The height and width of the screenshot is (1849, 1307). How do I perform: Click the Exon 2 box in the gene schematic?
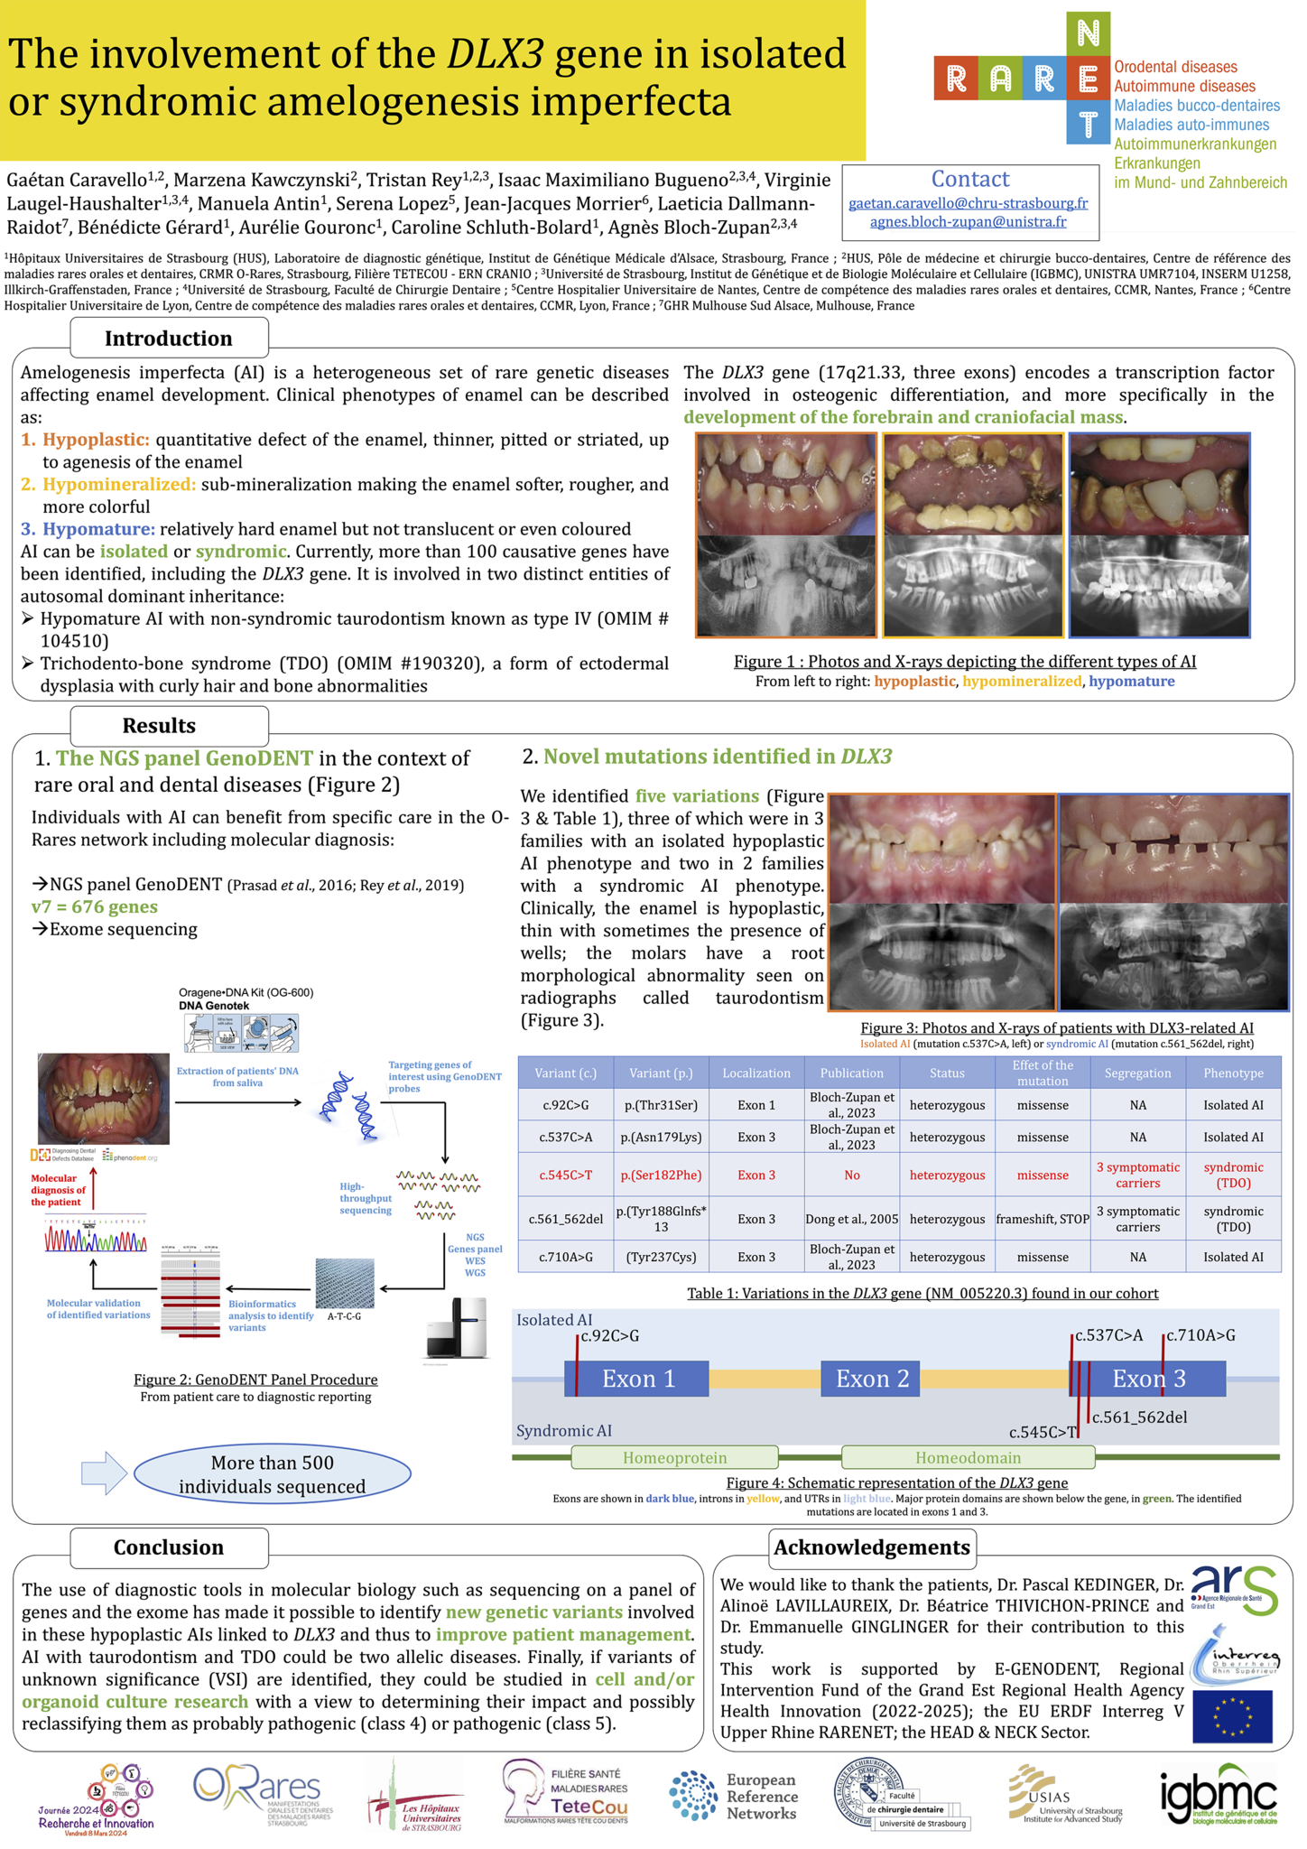870,1379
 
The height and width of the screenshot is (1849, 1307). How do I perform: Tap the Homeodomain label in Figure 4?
968,1457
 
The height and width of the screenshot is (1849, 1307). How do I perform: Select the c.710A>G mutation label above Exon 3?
1200,1335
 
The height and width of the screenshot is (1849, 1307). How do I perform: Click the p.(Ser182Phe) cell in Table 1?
661,1175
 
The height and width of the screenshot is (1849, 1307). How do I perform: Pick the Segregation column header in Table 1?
1137,1073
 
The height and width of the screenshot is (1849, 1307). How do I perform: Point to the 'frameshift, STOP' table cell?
1043,1219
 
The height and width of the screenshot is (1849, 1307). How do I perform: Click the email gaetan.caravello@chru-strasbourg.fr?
968,203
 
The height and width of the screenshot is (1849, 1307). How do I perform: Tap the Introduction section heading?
169,339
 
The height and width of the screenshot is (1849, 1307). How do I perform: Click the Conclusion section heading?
169,1547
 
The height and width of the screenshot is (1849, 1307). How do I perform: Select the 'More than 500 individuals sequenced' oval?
272,1474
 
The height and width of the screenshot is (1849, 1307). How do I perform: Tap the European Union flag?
1231,1716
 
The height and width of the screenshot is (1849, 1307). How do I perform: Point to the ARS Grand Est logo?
1233,1592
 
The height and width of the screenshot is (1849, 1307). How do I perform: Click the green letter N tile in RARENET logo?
1088,34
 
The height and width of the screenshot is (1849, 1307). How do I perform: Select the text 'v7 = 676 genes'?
95,906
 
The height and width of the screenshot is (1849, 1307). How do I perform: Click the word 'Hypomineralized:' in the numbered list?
119,485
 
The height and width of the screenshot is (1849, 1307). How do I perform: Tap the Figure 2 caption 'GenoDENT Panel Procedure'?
255,1380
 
